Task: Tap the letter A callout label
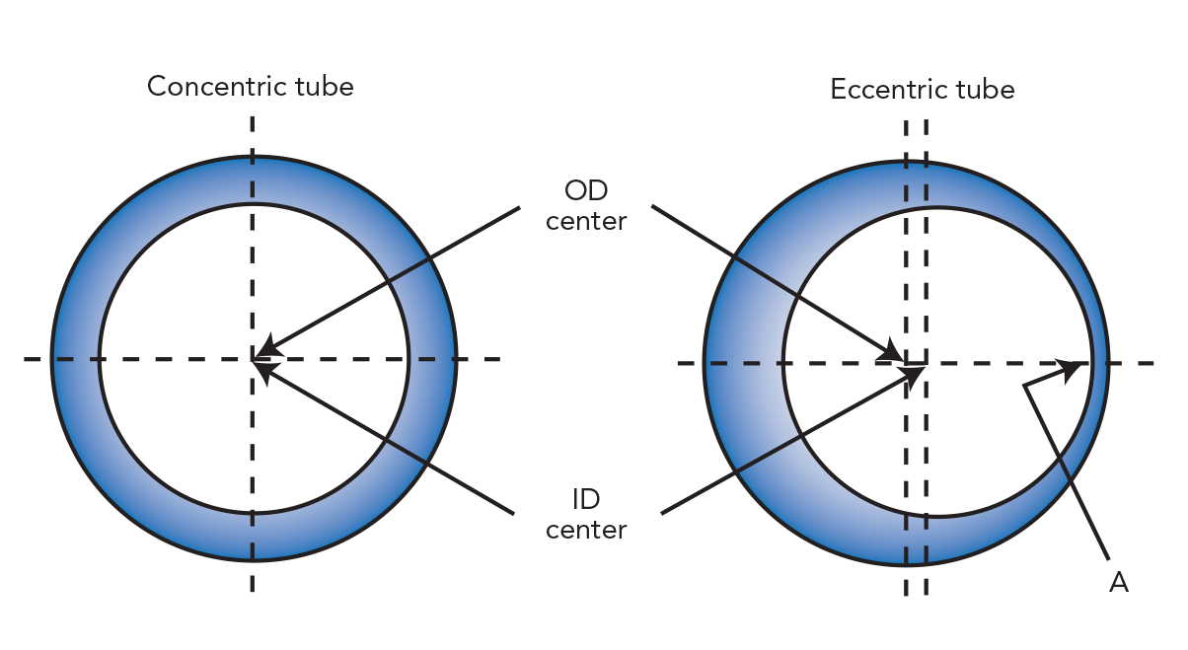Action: (1118, 583)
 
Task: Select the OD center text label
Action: (586, 205)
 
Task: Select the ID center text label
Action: (586, 515)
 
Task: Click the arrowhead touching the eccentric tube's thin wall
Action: (1070, 369)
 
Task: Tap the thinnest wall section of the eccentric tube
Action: (1098, 362)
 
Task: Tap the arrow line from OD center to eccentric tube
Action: (770, 280)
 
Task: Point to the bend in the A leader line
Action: (1025, 387)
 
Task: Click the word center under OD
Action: (586, 221)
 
